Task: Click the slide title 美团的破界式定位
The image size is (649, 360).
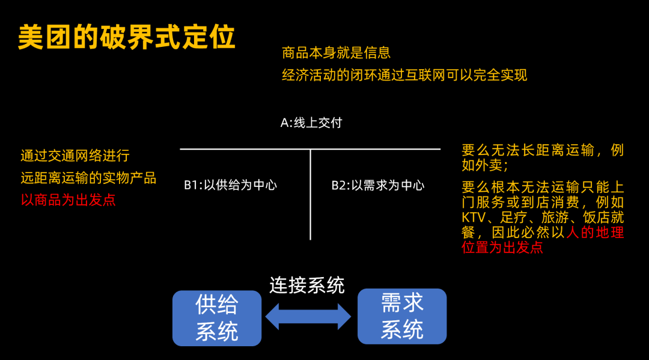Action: tap(127, 37)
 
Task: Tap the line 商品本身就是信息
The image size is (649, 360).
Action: tap(336, 53)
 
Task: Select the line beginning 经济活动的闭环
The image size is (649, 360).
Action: tap(404, 75)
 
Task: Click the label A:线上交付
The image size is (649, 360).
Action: tap(311, 123)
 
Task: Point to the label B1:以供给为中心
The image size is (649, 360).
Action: tap(230, 185)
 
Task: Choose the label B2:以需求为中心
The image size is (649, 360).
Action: tap(378, 185)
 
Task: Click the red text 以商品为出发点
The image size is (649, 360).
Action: tap(68, 200)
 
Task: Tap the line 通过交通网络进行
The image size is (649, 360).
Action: tap(75, 156)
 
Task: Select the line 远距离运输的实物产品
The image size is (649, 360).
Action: tap(88, 178)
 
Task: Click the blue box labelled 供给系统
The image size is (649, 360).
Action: tap(217, 318)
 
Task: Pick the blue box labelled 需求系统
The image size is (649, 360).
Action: tap(402, 316)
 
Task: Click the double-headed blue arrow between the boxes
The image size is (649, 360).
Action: tap(308, 317)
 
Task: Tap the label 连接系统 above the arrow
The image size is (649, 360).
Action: tap(306, 285)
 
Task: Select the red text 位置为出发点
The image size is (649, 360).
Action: tap(502, 248)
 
